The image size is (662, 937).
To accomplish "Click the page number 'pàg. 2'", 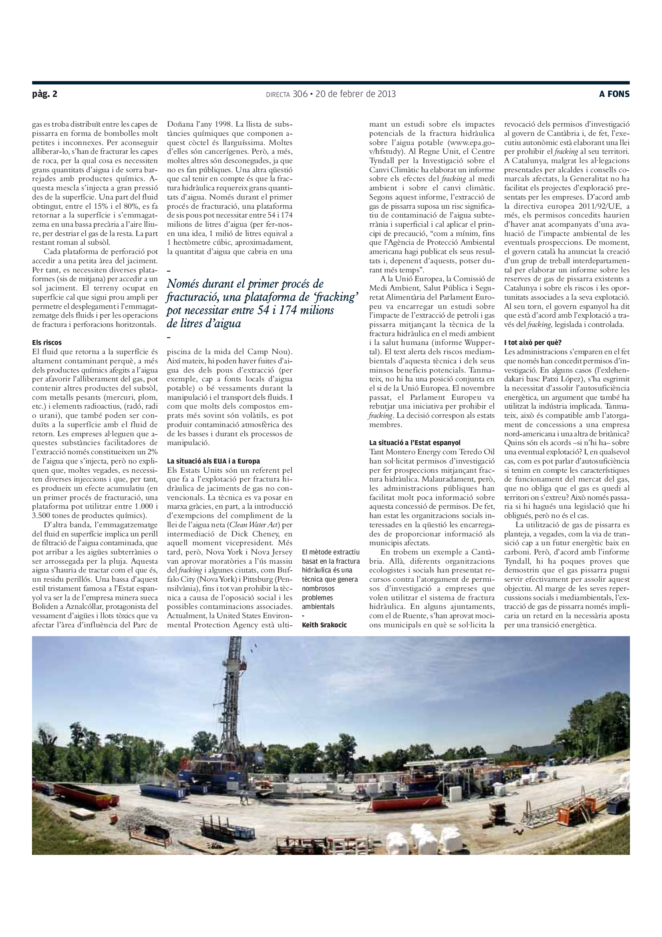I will (44, 94).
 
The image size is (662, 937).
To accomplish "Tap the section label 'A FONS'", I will (614, 94).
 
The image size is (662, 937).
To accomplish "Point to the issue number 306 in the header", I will (300, 94).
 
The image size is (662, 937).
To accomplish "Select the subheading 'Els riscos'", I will (47, 343).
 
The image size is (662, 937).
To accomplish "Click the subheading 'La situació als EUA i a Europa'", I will (213, 461).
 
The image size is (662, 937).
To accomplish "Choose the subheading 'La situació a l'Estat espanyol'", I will (415, 443).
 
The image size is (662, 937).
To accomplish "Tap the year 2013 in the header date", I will (386, 94).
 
